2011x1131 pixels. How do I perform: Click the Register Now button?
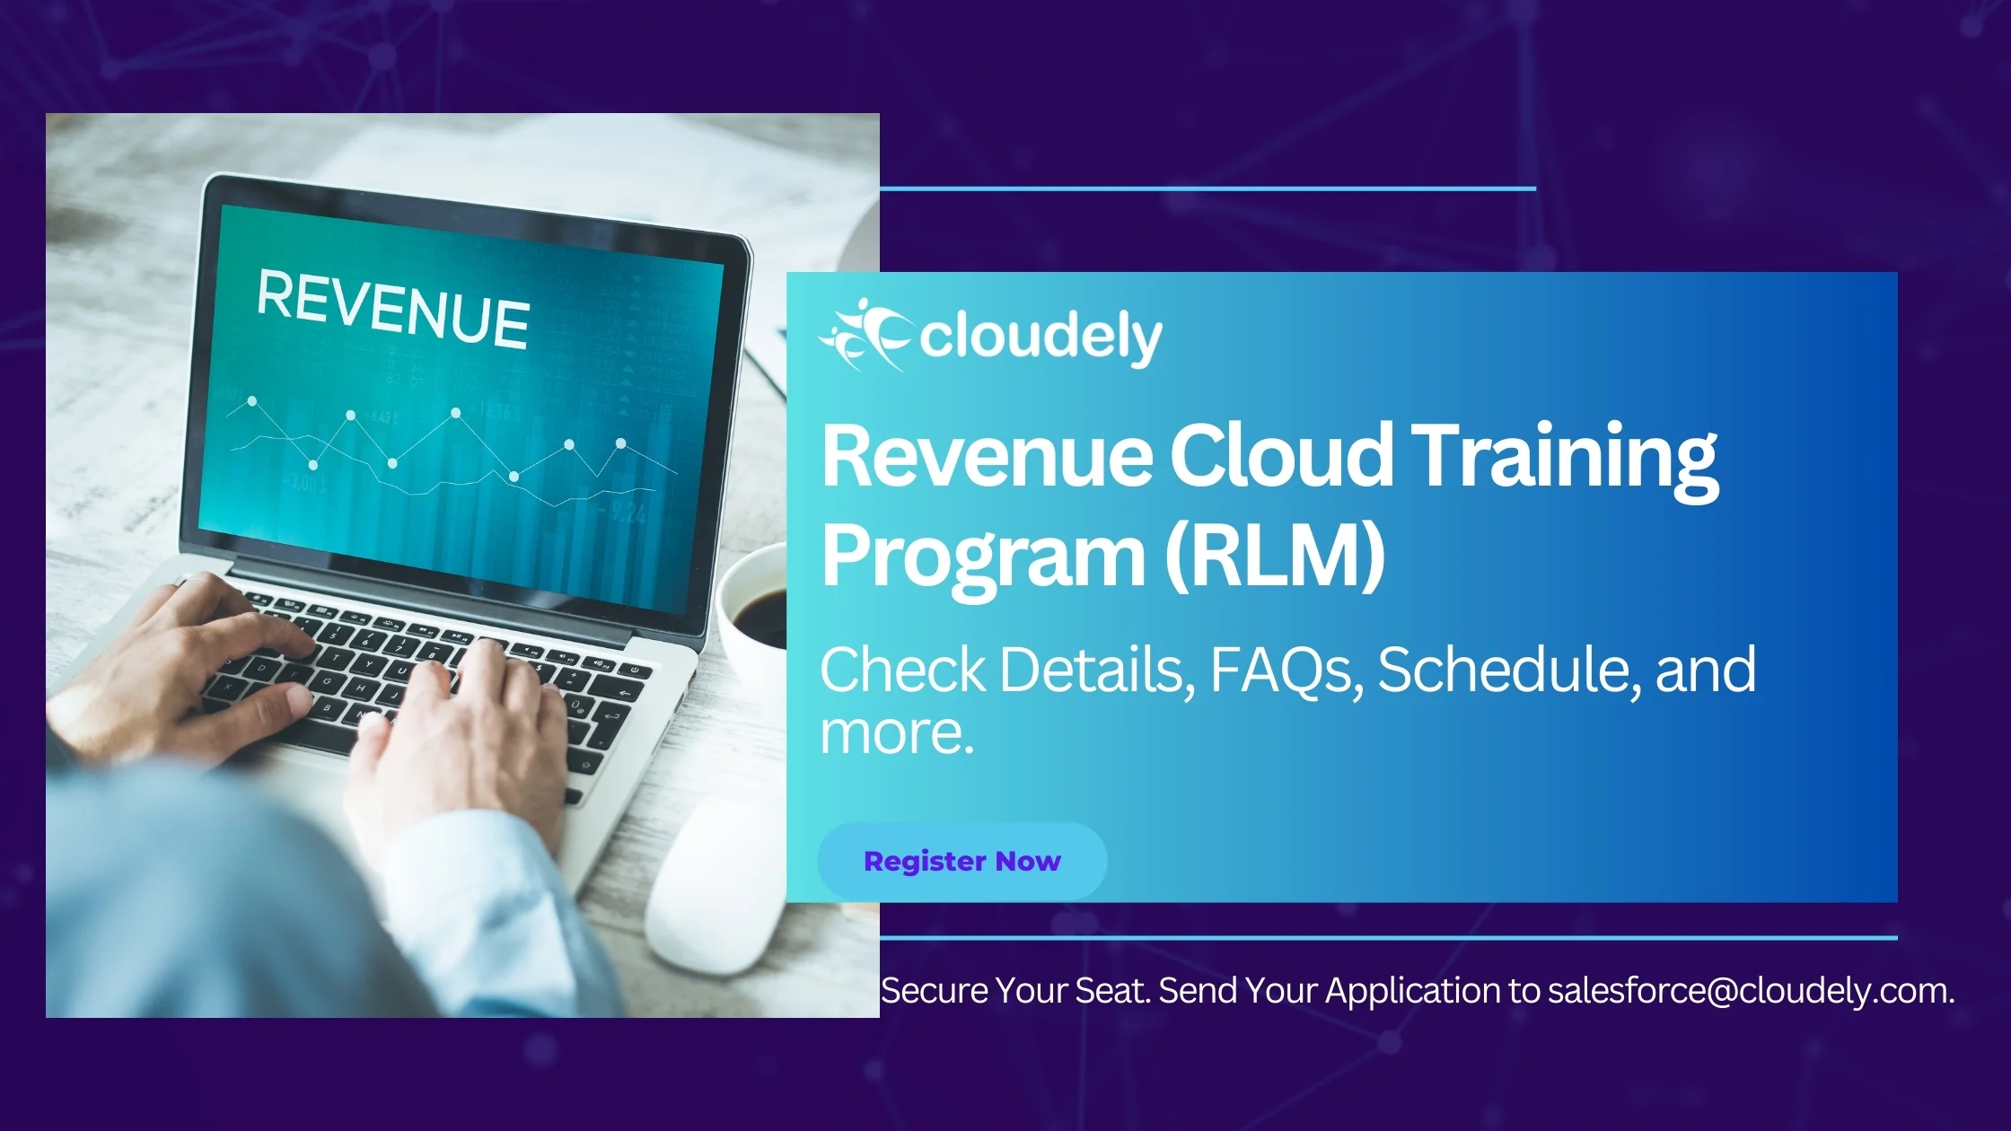tap(962, 861)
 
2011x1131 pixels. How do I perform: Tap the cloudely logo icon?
tap(865, 336)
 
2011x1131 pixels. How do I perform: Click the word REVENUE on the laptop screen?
tap(393, 308)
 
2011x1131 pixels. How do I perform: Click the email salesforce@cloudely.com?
tap(1751, 991)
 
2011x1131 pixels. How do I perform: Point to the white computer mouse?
tap(718, 884)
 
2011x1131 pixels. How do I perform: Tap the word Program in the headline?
tap(983, 558)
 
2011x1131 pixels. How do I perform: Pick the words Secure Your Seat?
tap(1015, 991)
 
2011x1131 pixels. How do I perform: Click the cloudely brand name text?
tap(1041, 338)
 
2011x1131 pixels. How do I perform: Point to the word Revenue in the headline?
tap(987, 457)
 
